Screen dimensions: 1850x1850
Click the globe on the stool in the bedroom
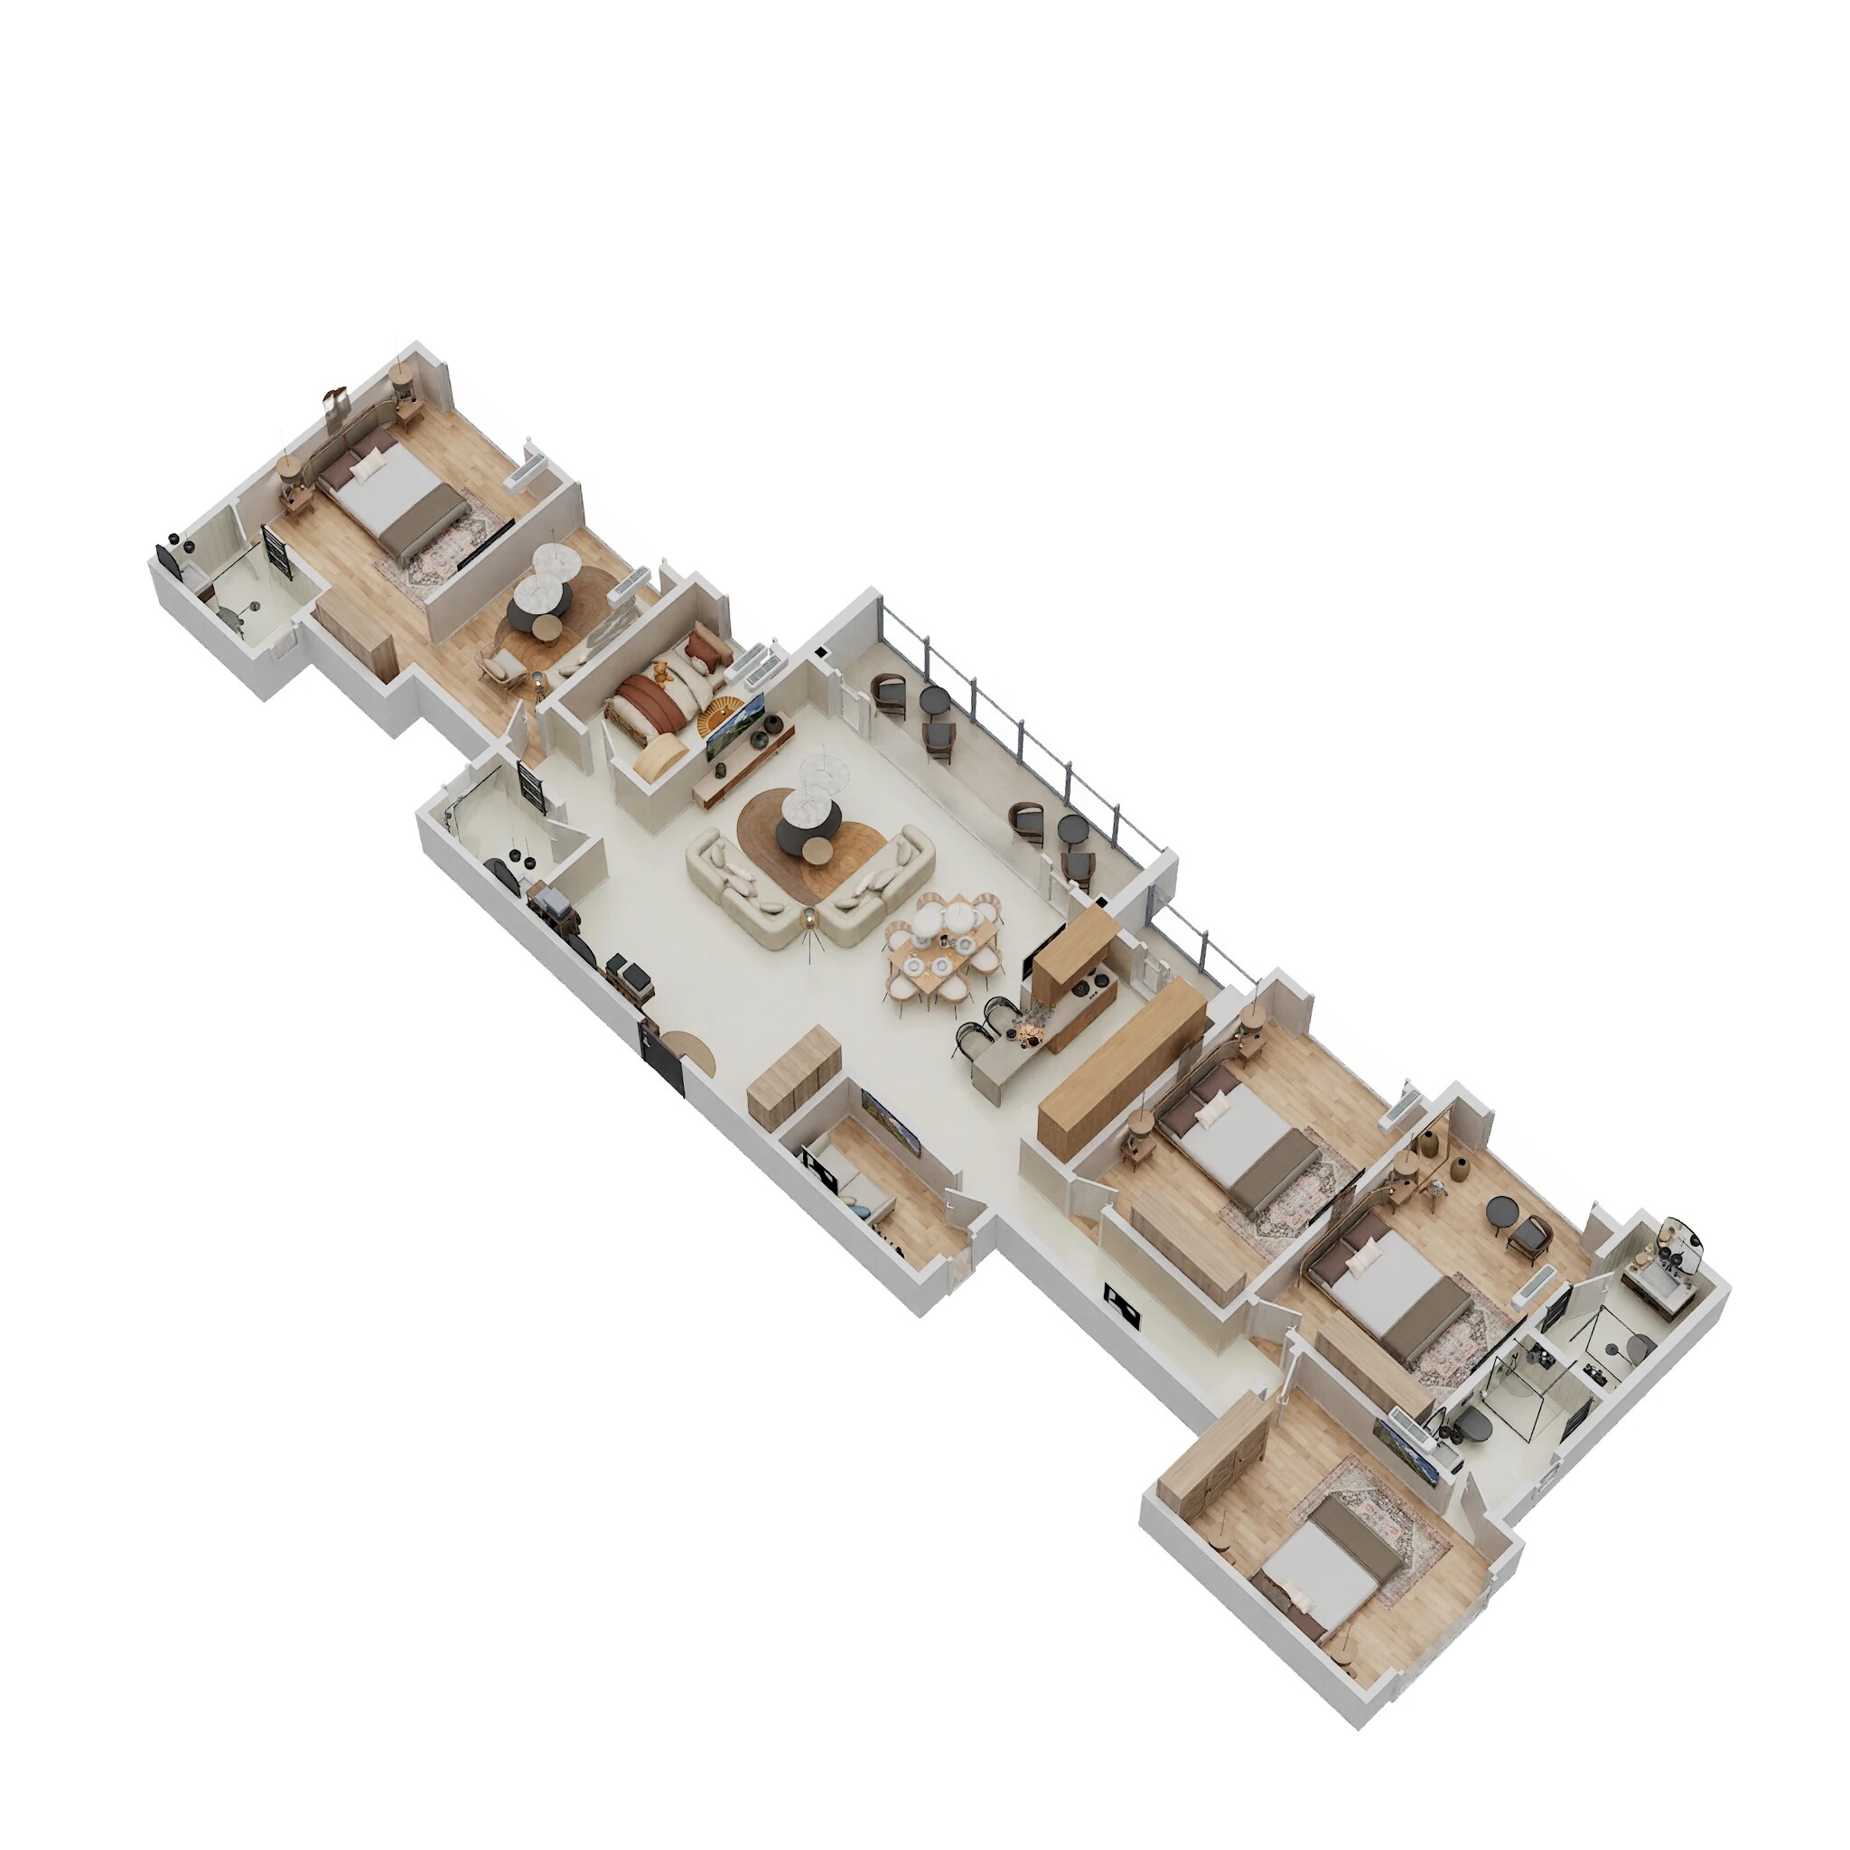tap(1436, 1184)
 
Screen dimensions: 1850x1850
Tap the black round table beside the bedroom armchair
tap(1500, 1210)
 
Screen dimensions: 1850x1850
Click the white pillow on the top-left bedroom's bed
tap(365, 469)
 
